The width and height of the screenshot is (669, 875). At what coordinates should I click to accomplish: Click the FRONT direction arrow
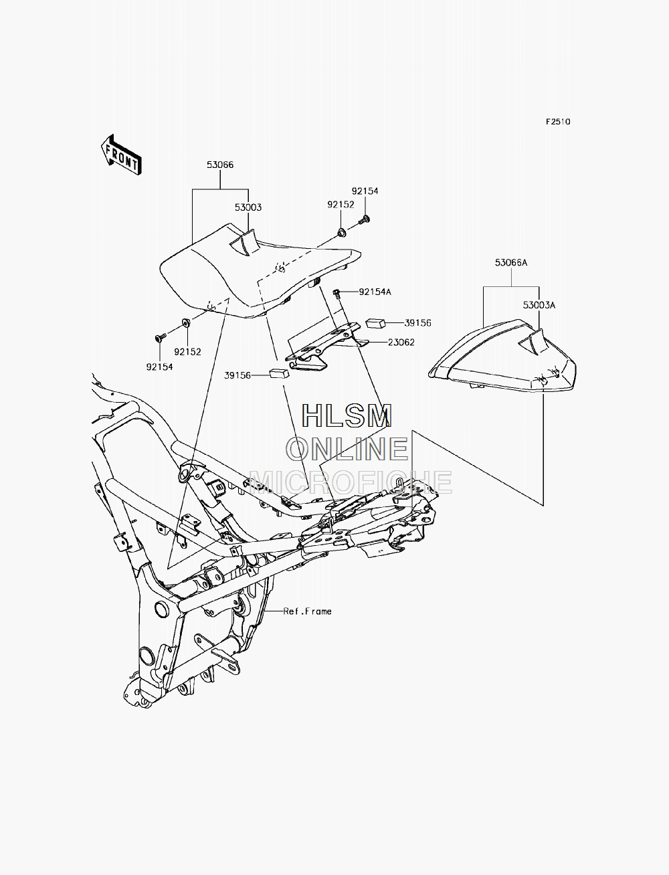[x=121, y=155]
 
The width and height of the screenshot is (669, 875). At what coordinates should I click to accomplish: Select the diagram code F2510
[x=558, y=122]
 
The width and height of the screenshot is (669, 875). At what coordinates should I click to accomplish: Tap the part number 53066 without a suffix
[x=220, y=165]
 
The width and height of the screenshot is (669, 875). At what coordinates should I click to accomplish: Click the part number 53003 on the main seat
[x=248, y=207]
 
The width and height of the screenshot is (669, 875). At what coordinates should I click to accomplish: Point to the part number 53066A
[x=511, y=263]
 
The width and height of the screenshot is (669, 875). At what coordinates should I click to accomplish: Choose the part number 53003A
[x=539, y=305]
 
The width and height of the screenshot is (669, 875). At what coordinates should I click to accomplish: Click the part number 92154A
[x=375, y=292]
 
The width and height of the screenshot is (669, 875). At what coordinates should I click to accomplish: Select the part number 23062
[x=401, y=342]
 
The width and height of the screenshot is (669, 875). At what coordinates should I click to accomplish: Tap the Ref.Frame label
[x=307, y=611]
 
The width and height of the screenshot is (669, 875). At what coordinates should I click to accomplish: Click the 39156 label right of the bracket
[x=418, y=323]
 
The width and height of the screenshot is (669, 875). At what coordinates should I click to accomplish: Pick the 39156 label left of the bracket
[x=237, y=375]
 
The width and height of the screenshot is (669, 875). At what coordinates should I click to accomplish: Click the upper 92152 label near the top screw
[x=341, y=205]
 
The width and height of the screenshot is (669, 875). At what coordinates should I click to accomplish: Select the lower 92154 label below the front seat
[x=159, y=367]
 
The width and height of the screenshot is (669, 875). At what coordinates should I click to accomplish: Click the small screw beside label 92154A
[x=336, y=294]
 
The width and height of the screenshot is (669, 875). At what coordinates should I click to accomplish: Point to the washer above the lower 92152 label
[x=186, y=322]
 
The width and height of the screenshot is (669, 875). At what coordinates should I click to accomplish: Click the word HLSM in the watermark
[x=347, y=416]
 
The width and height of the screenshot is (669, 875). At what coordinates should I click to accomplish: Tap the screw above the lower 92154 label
[x=161, y=338]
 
